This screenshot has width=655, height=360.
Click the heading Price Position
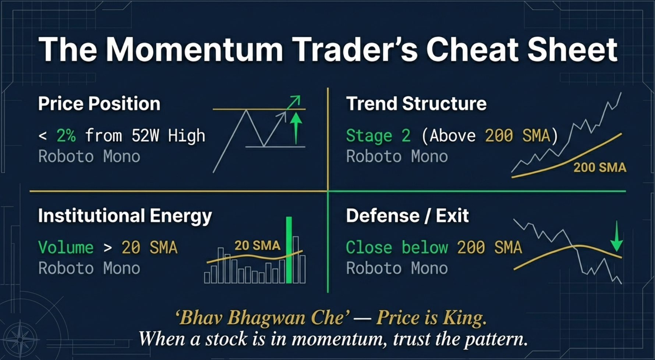point(99,104)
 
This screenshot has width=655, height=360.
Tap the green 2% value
point(66,136)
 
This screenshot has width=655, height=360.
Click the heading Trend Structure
point(416,104)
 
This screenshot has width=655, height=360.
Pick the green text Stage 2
point(378,136)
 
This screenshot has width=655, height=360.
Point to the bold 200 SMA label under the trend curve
point(599,168)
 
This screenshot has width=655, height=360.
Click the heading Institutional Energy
point(125,215)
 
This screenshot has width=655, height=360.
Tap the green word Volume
point(65,247)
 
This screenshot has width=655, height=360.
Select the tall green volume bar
point(289,250)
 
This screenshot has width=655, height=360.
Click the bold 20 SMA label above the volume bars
point(257,245)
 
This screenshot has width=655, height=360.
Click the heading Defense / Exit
point(407,215)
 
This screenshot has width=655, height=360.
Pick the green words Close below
point(397,247)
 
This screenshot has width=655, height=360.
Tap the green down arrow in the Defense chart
point(616,237)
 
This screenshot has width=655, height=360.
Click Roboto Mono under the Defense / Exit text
point(397,268)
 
